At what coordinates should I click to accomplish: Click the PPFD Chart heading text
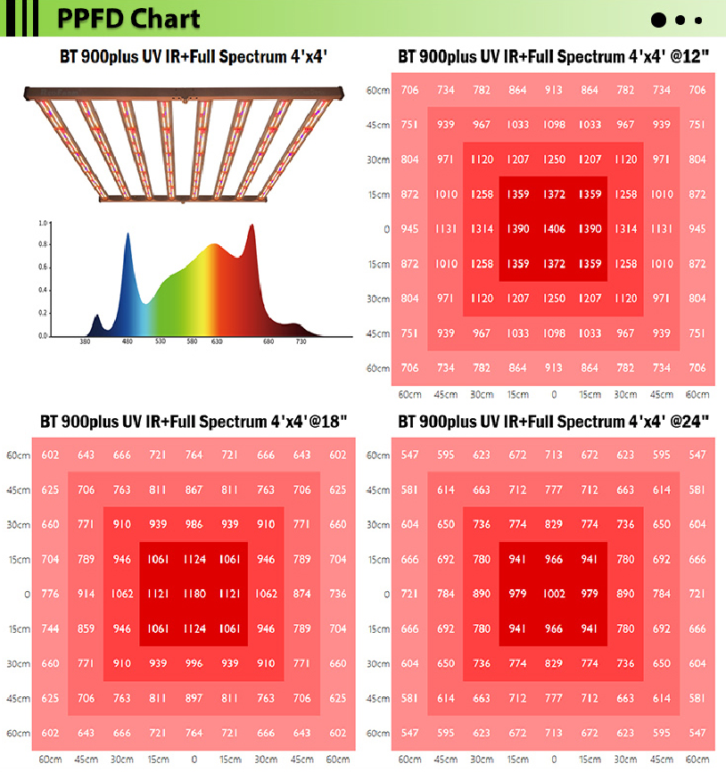129,19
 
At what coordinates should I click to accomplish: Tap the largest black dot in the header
659,20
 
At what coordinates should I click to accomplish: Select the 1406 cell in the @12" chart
554,229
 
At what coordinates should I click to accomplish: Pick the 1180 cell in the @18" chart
194,594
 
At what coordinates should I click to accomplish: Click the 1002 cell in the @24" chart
554,594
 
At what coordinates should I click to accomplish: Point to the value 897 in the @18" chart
194,698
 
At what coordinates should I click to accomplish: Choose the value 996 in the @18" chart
194,663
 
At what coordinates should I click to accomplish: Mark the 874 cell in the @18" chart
301,594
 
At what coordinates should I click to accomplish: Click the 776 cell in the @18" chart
50,594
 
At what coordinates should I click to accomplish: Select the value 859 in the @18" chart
86,628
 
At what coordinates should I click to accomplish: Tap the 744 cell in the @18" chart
50,628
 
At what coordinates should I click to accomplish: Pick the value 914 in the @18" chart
86,594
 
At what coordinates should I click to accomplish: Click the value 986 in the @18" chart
194,524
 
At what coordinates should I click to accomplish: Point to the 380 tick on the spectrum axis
86,342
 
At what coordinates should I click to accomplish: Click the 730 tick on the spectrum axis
301,342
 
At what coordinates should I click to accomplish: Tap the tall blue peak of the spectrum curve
127,235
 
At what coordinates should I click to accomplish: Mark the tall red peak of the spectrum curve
252,226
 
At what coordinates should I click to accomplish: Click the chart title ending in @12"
553,57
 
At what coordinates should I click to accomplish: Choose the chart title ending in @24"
553,421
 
